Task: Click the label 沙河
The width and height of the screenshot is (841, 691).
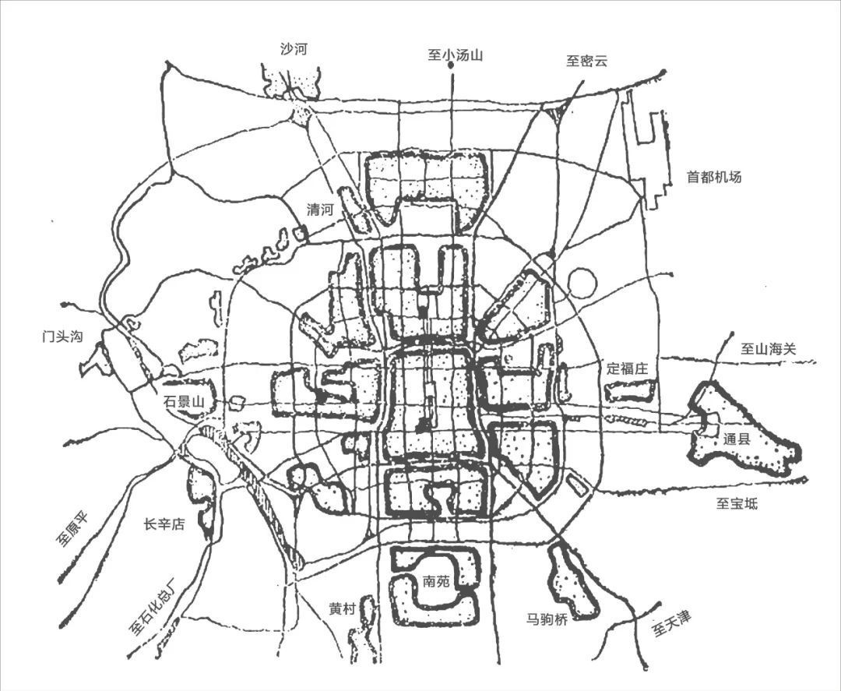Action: [x=294, y=49]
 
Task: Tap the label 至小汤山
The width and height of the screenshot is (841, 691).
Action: [x=456, y=54]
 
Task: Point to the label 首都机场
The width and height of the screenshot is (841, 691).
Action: [x=713, y=177]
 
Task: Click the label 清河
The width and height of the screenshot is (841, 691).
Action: [x=320, y=210]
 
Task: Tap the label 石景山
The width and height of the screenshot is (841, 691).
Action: [x=184, y=402]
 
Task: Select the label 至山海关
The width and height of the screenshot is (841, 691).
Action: [x=769, y=350]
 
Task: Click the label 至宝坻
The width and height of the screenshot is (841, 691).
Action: [x=736, y=504]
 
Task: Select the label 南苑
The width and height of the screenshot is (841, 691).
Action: [x=436, y=581]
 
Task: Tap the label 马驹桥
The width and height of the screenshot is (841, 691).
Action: [x=547, y=619]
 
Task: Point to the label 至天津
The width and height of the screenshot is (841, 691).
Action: [x=671, y=622]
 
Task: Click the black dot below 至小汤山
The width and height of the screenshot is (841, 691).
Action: [x=452, y=68]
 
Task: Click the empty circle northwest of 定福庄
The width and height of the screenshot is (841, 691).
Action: [x=581, y=282]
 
